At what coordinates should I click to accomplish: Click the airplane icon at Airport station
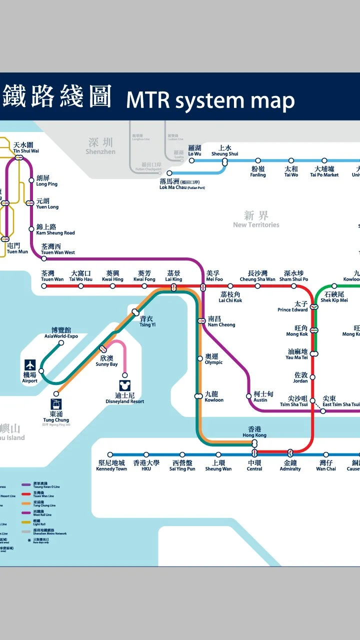point(30,365)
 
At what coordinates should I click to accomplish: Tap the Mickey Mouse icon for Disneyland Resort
point(124,385)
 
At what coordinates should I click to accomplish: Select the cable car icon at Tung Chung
point(56,404)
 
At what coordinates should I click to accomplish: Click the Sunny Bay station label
point(106,361)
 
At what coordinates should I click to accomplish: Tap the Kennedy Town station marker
point(110,455)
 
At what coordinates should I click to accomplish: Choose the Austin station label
point(260,397)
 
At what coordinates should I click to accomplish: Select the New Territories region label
point(256,219)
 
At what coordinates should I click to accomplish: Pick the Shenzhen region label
point(100,146)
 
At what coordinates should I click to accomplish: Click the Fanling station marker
point(258,161)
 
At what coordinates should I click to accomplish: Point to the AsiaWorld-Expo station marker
point(61,343)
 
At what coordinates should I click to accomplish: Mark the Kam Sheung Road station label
point(55,229)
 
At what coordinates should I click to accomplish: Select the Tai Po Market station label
point(324,172)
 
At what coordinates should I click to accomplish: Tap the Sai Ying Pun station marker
point(182,455)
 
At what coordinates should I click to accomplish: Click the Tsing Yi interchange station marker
point(135,312)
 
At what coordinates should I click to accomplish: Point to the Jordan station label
point(300,377)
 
